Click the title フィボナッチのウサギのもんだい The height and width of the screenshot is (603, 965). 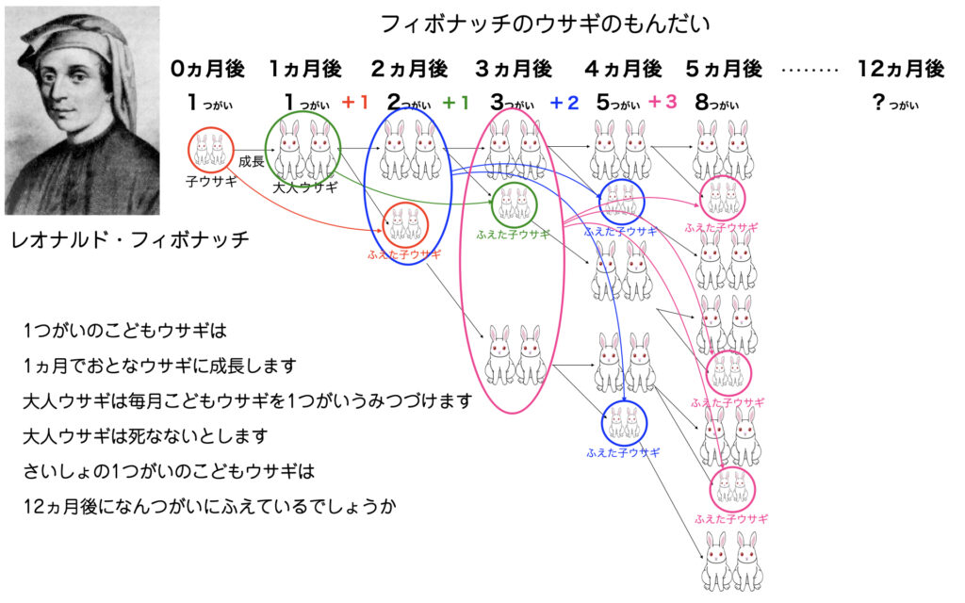click(546, 24)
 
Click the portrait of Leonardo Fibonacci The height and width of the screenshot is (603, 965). click(82, 111)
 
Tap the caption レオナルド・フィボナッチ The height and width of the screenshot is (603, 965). click(130, 239)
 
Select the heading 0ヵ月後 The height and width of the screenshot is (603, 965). click(208, 69)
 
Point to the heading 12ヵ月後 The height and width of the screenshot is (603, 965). click(901, 69)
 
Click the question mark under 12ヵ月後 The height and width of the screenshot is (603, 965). click(879, 102)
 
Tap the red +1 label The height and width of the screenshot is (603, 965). click(355, 102)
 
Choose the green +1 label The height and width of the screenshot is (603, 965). click(456, 103)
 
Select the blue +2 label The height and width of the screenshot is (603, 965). click(564, 103)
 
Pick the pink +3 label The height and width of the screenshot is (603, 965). click(662, 102)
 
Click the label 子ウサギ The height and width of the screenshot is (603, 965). click(211, 182)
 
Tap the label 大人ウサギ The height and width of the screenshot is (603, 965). click(305, 187)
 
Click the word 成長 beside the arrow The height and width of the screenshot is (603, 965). click(251, 162)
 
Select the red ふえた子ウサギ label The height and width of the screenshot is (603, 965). click(404, 254)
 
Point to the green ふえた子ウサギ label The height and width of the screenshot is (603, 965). click(513, 235)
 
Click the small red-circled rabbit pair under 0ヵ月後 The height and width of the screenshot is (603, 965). click(211, 150)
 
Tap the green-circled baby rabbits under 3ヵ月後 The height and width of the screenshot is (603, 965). click(515, 204)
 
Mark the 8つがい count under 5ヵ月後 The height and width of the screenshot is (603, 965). click(716, 103)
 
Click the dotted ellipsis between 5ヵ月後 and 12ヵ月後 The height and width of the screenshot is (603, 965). click(810, 70)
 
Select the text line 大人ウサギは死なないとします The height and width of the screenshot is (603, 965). click(145, 436)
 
